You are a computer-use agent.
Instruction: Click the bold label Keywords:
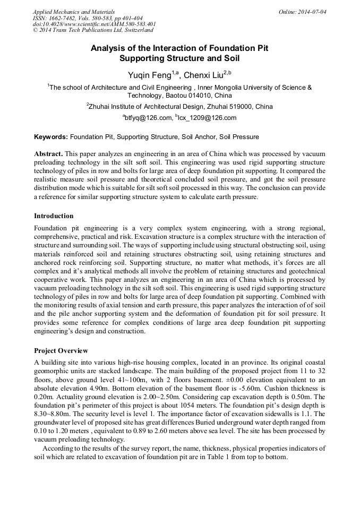51,136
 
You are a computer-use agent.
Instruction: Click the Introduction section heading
54,216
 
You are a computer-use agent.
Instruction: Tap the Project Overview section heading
61,351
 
